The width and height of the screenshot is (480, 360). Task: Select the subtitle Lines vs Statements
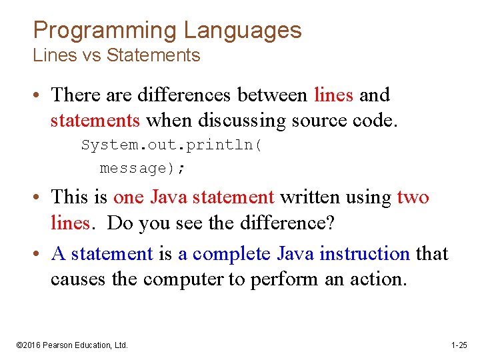coord(117,55)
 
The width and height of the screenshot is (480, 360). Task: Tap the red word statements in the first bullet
coord(95,121)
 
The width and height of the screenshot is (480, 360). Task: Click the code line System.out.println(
coord(171,145)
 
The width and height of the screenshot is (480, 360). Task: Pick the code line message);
coord(143,168)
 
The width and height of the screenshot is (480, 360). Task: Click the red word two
coord(413,197)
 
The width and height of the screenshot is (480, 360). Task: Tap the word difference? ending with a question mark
coord(286,223)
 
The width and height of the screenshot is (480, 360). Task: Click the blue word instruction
coord(364,254)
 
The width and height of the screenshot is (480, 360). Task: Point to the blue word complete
coord(232,254)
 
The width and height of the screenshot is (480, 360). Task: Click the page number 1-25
coord(459,345)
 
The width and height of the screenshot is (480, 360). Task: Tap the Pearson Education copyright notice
coord(72,345)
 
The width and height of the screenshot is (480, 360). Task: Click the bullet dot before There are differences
coord(39,96)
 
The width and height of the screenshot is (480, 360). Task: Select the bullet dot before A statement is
coord(39,255)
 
